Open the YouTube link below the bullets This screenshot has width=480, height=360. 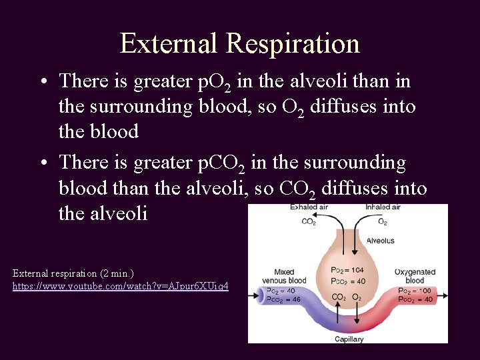point(120,286)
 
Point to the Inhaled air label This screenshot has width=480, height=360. point(382,208)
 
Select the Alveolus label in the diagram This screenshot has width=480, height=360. point(380,241)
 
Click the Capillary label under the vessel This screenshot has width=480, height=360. point(349,339)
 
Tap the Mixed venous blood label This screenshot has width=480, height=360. point(284,276)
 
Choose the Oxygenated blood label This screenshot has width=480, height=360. point(415,276)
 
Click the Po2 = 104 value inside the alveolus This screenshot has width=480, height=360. point(347,270)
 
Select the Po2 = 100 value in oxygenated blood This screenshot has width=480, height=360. point(415,291)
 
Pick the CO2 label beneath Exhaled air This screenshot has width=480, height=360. point(309,221)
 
